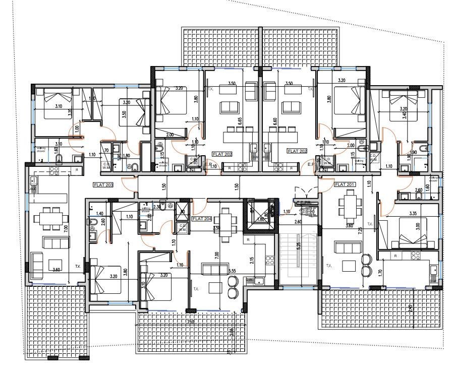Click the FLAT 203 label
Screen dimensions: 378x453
click(x=103, y=185)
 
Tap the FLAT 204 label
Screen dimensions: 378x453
click(x=201, y=219)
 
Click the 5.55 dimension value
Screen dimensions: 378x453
click(x=233, y=271)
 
